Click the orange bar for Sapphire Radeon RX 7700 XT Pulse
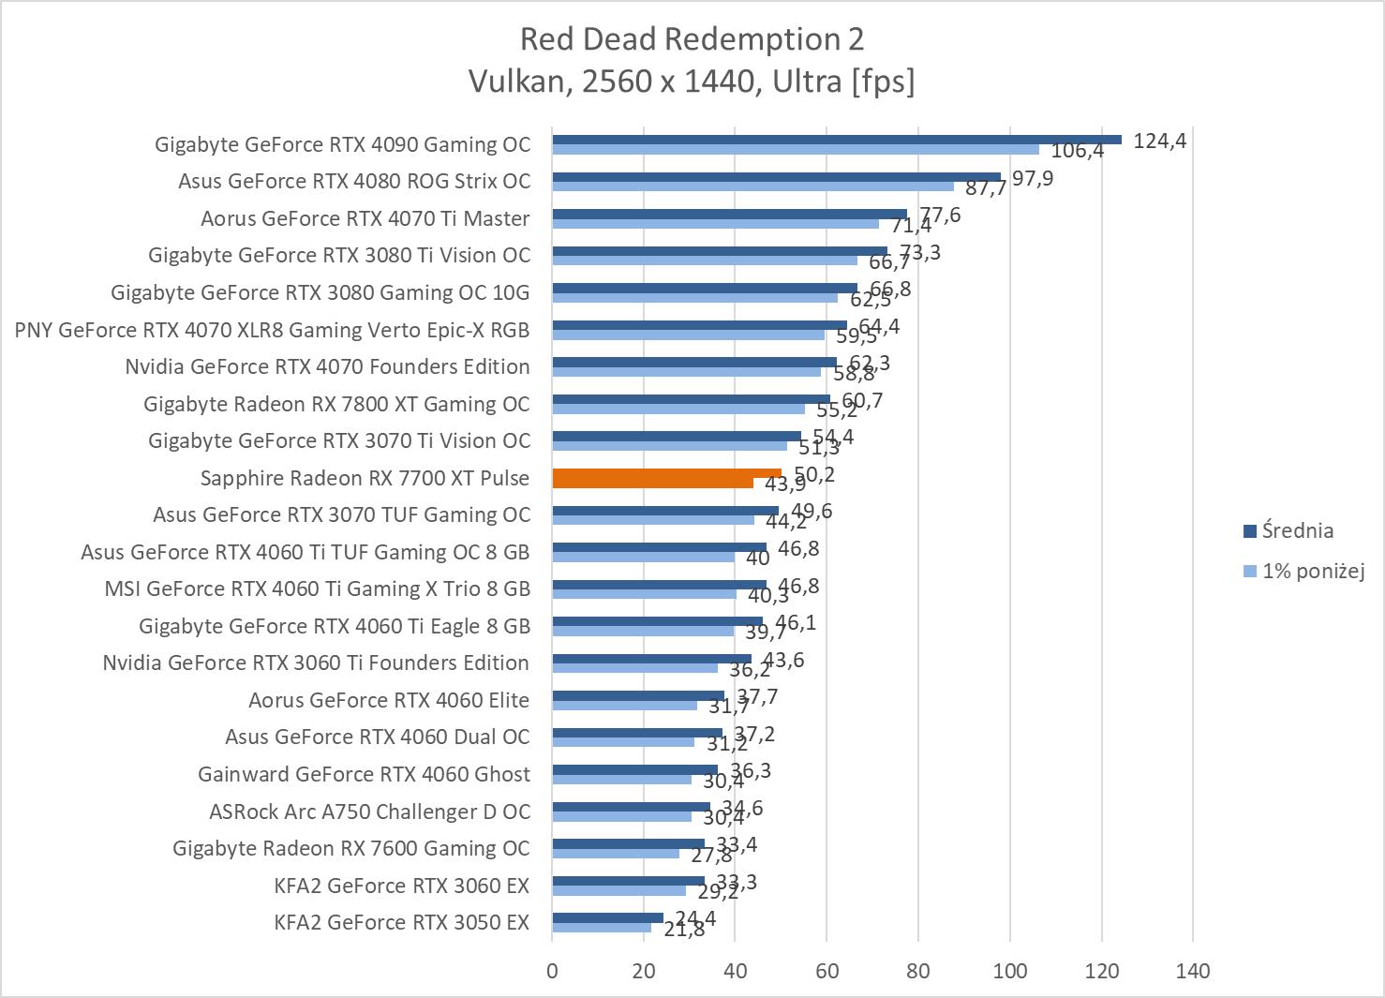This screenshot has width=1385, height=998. click(x=665, y=474)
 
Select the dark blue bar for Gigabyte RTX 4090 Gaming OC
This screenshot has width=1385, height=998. click(x=836, y=140)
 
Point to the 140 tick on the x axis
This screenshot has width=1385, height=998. click(x=1192, y=971)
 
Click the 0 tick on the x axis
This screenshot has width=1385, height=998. click(x=552, y=971)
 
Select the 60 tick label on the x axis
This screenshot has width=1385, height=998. click(x=827, y=971)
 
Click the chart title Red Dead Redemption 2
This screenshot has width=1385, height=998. click(x=692, y=39)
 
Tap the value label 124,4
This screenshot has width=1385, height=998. click(x=1159, y=142)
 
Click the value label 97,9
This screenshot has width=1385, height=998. click(x=1033, y=178)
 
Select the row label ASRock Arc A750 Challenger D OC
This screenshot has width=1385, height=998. click(x=369, y=812)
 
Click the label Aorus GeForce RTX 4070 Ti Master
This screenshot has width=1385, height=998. click(x=365, y=218)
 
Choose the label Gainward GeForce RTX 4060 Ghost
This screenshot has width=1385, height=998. click(x=364, y=774)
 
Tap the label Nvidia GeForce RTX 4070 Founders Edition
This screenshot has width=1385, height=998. click(x=327, y=366)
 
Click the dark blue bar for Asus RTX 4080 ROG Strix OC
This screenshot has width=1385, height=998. click(x=776, y=176)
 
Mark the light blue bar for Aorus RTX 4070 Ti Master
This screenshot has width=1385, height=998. click(x=715, y=224)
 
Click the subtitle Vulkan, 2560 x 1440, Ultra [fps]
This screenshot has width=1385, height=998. click(x=692, y=82)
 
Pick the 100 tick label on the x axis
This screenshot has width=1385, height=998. click(x=1010, y=971)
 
